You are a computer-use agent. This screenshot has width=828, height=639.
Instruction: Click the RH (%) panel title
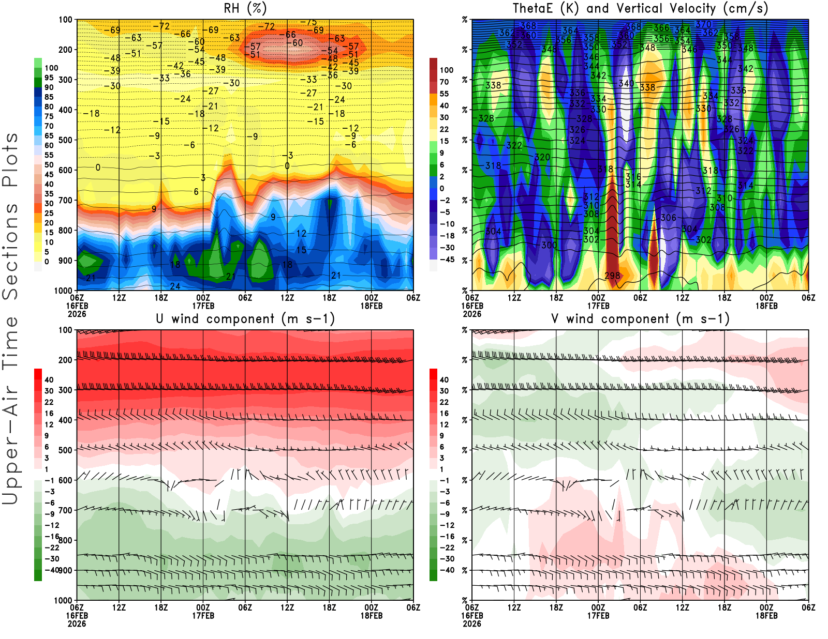point(245,9)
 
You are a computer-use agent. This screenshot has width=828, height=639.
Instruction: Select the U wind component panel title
point(245,319)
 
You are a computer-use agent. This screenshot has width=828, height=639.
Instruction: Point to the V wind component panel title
point(640,319)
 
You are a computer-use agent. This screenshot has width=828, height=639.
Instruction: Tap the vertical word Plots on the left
point(10,160)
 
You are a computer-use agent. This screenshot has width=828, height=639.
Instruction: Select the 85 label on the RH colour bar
point(49,97)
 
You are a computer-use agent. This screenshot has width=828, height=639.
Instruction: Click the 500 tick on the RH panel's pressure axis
point(66,140)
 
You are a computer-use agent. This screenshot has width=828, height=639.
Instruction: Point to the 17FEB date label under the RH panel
point(203,306)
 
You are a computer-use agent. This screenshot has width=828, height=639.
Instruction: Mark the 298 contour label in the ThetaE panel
point(612,276)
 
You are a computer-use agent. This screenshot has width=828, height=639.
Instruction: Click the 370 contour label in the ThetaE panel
point(703,24)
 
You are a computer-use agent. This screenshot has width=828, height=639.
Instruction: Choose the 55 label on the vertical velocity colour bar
point(444,94)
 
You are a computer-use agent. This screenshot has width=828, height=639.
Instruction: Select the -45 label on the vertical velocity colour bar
point(447,260)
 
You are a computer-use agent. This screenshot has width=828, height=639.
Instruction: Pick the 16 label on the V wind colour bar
point(444,414)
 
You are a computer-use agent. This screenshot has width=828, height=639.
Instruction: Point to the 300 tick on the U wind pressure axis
point(66,390)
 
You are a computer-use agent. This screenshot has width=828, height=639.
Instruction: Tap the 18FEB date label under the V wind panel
point(766,616)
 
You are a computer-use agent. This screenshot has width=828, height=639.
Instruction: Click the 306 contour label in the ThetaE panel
point(668,218)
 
